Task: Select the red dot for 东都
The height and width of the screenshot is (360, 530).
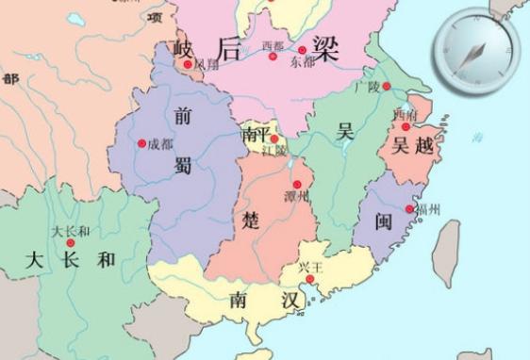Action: click(x=302, y=50)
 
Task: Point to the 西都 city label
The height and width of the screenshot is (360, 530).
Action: click(x=273, y=45)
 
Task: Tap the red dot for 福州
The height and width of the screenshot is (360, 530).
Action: click(x=409, y=209)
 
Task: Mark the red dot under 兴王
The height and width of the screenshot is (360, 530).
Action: click(x=309, y=278)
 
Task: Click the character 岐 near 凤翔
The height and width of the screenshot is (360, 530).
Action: click(x=184, y=48)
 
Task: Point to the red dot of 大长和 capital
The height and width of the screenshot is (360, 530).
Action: click(x=70, y=242)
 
